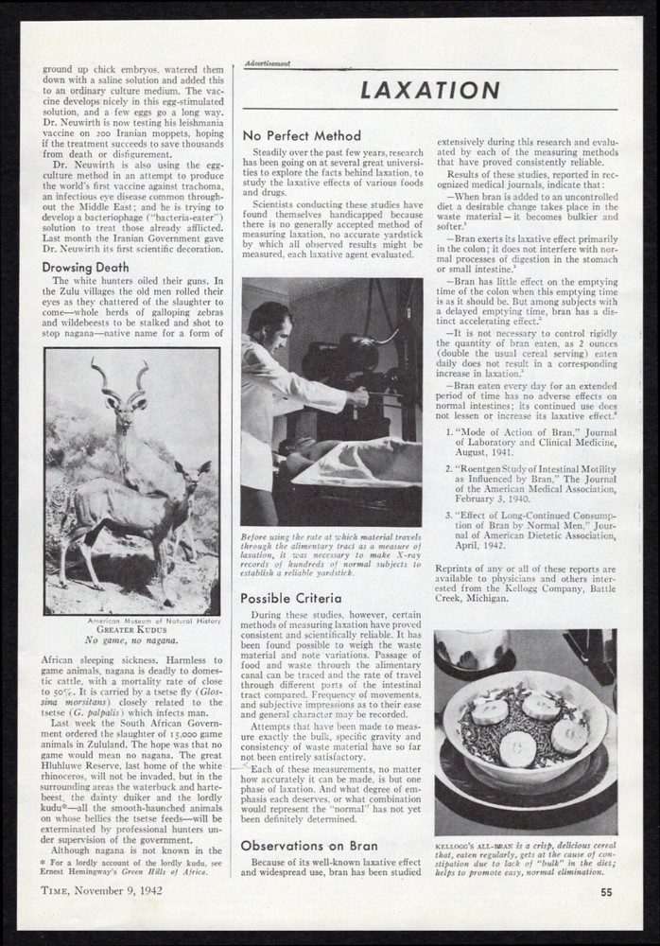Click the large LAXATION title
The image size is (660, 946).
tap(431, 91)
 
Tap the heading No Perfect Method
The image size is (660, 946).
tap(301, 136)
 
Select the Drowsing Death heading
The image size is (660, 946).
tap(86, 267)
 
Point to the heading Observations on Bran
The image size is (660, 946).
tap(309, 845)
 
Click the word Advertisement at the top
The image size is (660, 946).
tap(266, 63)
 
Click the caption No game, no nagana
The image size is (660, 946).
tap(131, 640)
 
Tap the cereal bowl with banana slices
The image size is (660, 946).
tap(525, 728)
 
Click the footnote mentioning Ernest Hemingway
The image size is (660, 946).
tap(131, 867)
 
